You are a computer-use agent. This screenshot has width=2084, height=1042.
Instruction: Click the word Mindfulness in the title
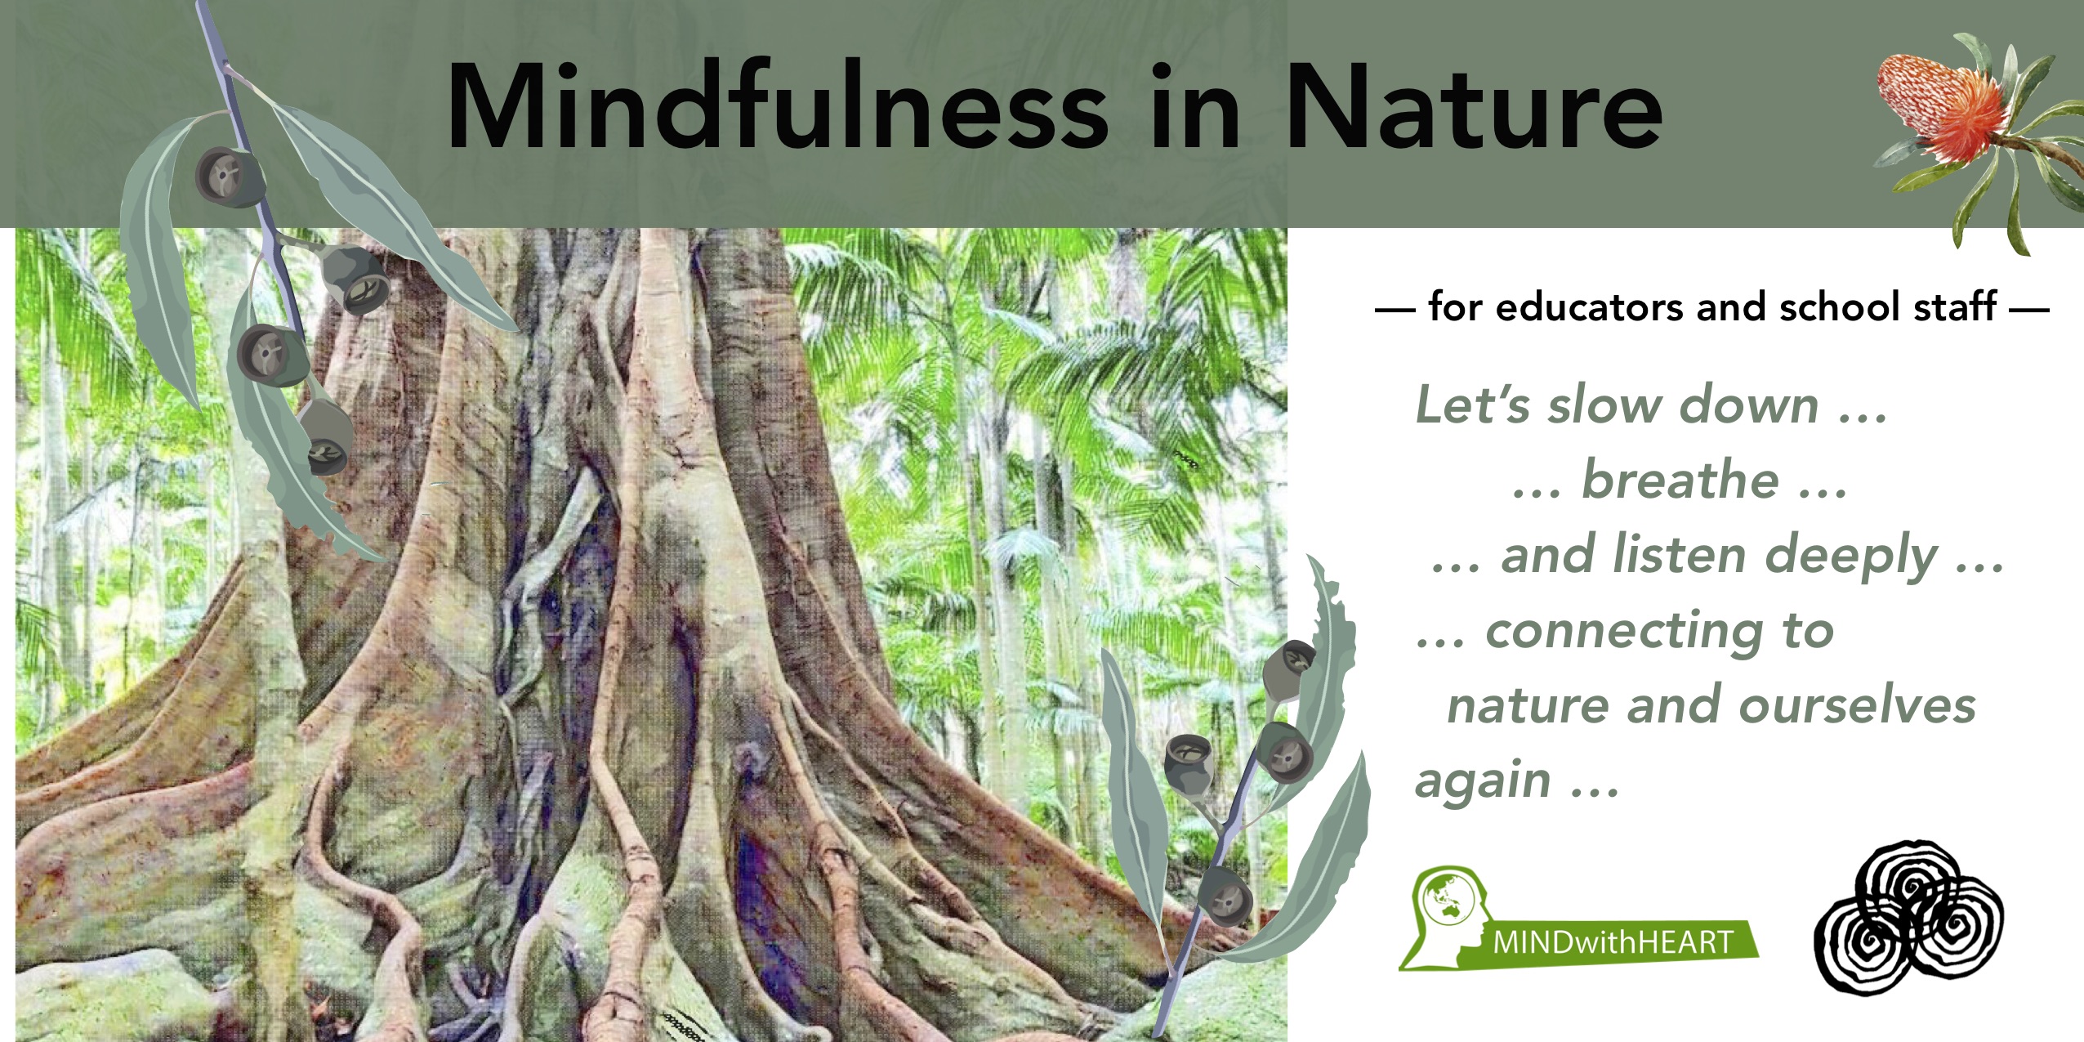pos(776,106)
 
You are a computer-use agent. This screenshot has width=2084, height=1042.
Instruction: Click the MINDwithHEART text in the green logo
pos(1613,942)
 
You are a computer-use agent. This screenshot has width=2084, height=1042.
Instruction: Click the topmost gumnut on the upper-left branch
pos(230,177)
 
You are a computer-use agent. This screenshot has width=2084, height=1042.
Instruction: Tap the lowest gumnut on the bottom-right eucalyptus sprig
pos(1225,897)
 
